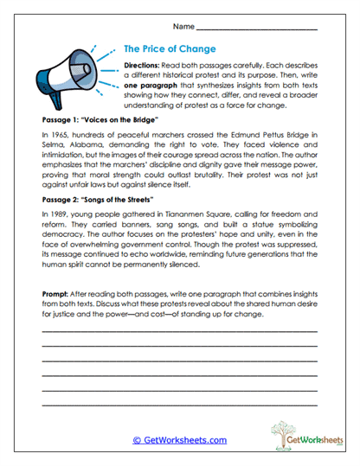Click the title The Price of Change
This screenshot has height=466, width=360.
[x=170, y=49]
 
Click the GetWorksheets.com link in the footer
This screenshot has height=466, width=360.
[x=179, y=439]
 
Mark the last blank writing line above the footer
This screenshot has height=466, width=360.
[x=179, y=405]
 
